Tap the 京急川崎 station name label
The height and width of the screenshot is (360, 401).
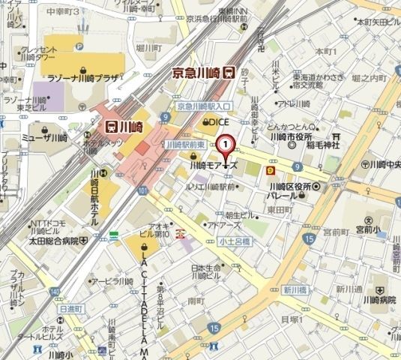[197, 72]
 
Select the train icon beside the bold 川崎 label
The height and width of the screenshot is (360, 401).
[111, 127]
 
